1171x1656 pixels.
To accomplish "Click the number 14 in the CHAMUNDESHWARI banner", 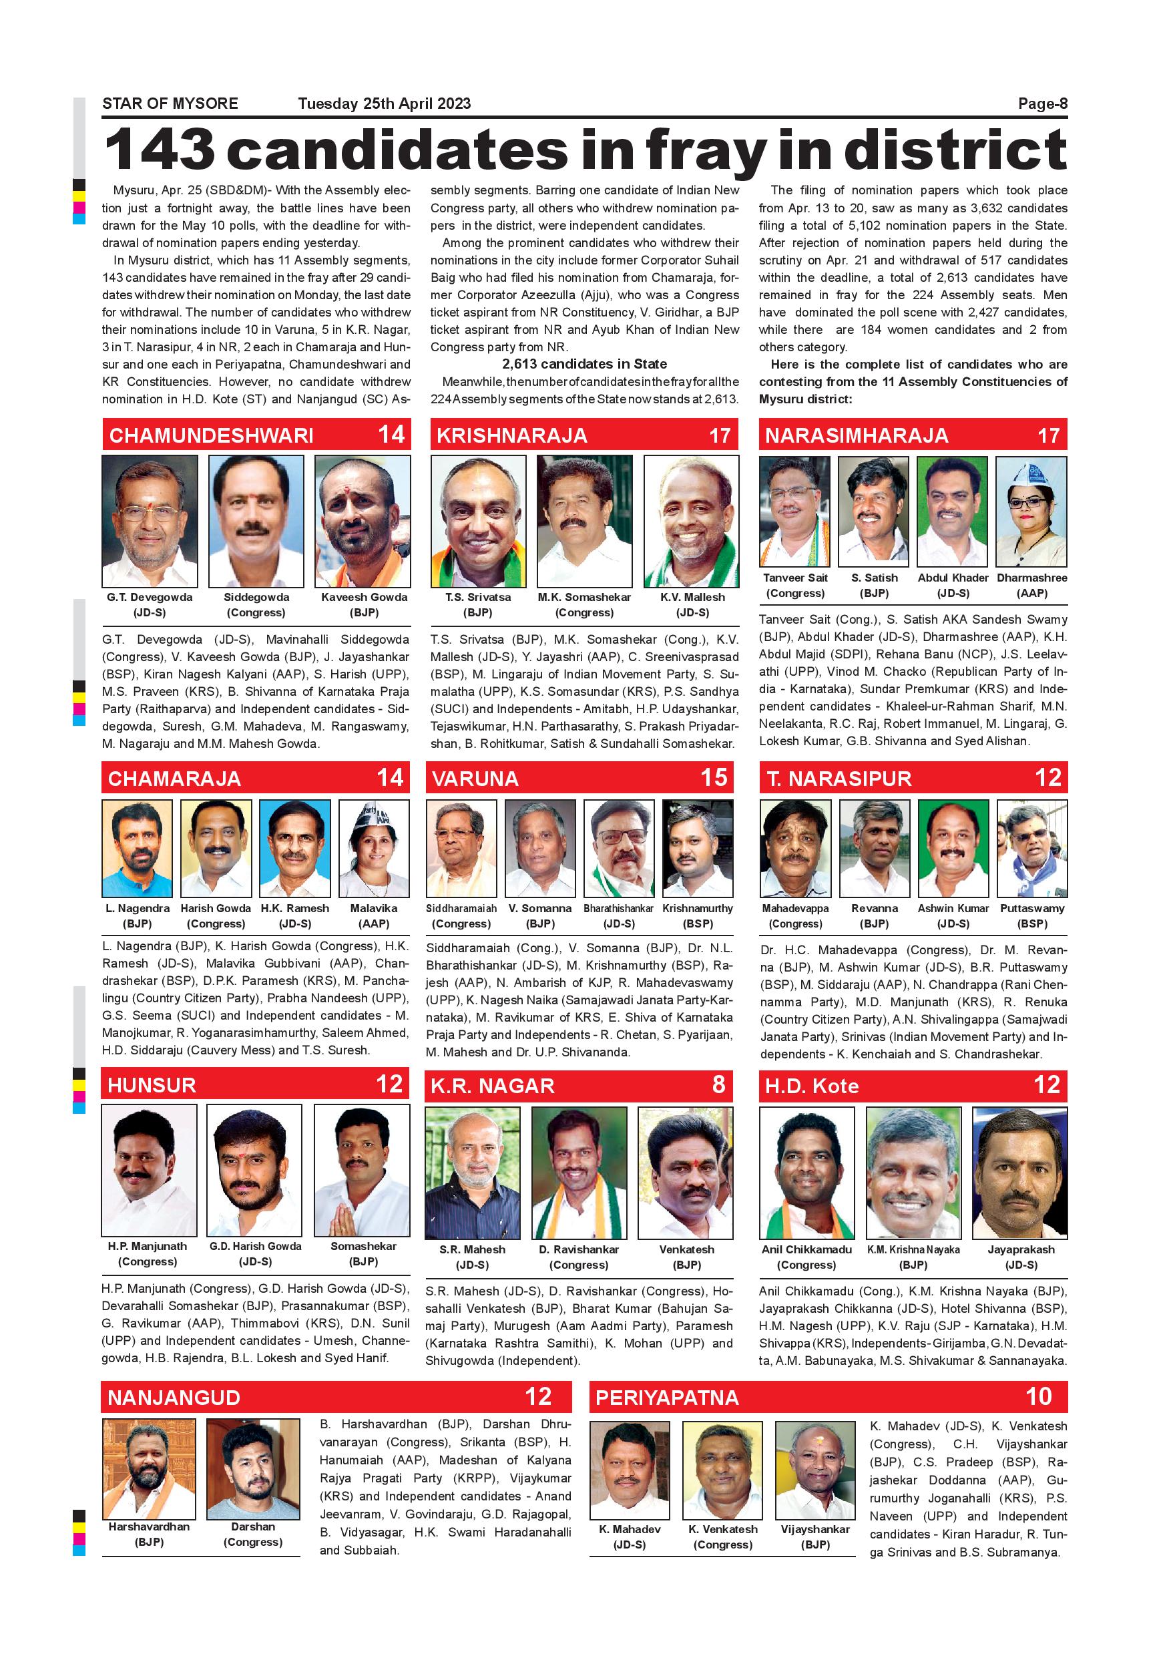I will [391, 434].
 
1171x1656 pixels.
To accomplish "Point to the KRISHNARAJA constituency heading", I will [512, 435].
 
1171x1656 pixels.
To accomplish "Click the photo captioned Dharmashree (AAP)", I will [1031, 511].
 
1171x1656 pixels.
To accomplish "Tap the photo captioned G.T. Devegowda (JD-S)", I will [150, 520].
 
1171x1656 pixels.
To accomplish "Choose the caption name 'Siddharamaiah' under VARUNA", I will [461, 909].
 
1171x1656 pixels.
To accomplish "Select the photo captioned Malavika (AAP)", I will [373, 847].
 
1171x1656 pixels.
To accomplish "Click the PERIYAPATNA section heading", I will [667, 1398].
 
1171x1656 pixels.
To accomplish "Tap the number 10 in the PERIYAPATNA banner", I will [1038, 1396].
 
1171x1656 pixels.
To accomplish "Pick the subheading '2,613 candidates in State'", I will [584, 364].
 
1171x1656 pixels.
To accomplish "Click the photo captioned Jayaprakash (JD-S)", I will [1019, 1172].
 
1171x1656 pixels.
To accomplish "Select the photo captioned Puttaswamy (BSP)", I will [1032, 847].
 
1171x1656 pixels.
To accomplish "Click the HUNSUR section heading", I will [152, 1086].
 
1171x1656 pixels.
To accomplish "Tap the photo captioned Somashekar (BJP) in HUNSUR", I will [363, 1170].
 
